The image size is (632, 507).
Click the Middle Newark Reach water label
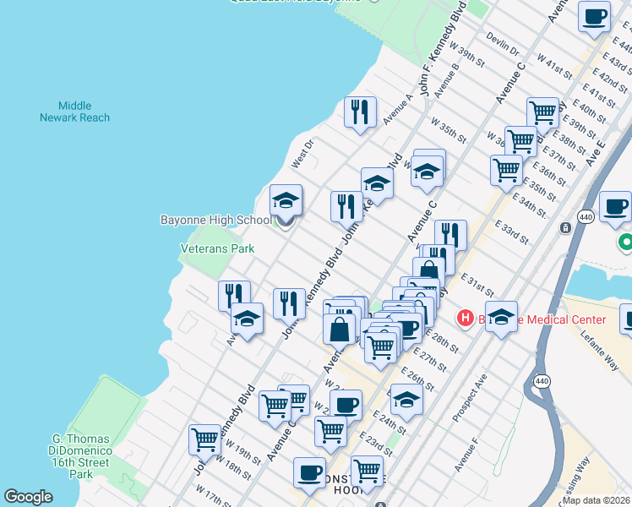click(x=74, y=112)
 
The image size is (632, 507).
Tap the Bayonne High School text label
click(x=216, y=220)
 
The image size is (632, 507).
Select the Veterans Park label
click(x=217, y=249)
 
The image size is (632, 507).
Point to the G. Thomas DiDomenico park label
click(x=81, y=456)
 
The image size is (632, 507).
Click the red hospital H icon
click(x=464, y=319)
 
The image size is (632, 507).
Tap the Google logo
click(x=28, y=497)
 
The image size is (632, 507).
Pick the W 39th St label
click(x=467, y=52)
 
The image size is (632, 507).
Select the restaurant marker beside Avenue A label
click(x=360, y=112)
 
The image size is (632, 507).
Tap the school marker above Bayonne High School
click(x=286, y=203)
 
